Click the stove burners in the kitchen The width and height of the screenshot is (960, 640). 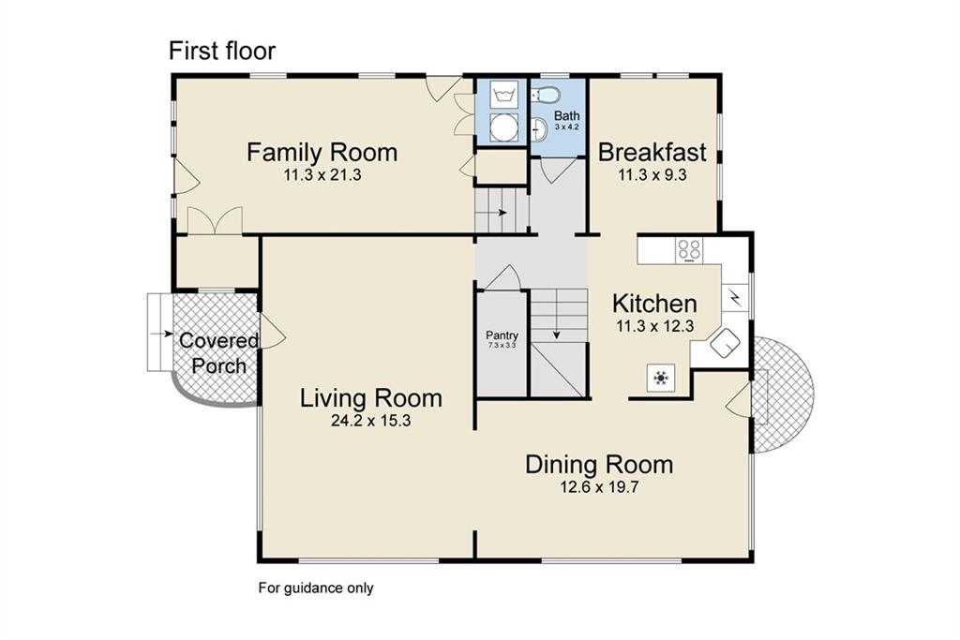690,250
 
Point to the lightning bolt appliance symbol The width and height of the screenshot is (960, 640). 734,298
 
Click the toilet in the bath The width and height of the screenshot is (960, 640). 547,95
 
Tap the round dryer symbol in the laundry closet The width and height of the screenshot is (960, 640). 504,129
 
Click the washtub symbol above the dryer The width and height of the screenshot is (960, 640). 503,96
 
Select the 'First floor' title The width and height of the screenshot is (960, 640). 222,51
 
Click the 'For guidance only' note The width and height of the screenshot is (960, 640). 316,588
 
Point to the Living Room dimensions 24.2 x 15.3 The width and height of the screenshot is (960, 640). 370,421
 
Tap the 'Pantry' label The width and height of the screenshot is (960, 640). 502,335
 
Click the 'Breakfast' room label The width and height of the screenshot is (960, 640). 652,152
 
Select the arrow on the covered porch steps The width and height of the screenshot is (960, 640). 162,333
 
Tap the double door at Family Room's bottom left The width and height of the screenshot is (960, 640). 215,221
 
